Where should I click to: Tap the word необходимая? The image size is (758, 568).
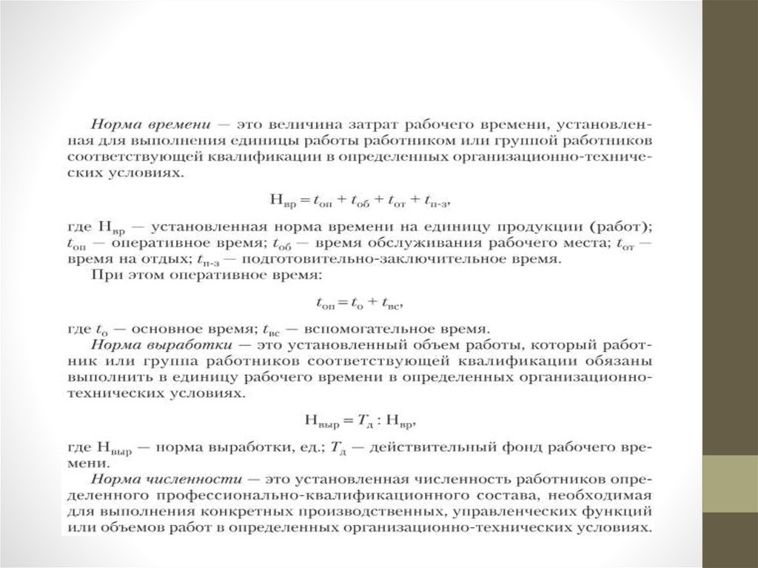point(608,495)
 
